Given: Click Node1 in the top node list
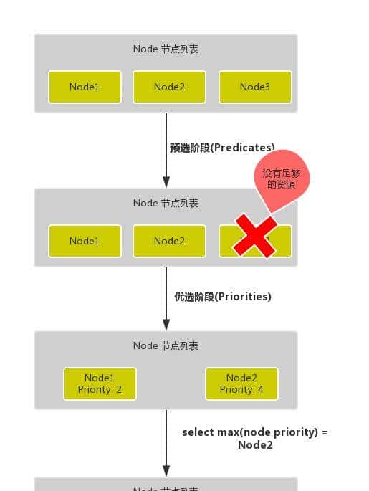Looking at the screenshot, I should point(85,87).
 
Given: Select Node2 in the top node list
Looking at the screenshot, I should point(169,87).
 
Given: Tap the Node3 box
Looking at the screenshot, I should point(255,87).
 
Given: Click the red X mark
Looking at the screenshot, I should point(254,235).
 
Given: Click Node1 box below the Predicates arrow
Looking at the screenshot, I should point(85,241).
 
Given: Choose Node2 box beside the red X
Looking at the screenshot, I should point(169,241).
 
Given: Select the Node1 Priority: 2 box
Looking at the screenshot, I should point(100,383).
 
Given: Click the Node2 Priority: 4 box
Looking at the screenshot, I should point(241,383).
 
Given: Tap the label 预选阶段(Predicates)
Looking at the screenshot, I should point(222,148).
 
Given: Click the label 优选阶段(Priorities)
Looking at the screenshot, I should point(223,296).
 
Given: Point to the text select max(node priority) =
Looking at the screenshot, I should point(255,432).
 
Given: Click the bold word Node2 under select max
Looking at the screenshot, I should point(255,444).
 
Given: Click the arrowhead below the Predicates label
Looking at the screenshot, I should point(166,182).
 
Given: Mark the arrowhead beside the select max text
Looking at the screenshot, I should point(166,470).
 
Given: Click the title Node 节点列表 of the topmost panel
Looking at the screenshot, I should point(166,49).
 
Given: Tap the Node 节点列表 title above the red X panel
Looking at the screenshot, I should point(166,203).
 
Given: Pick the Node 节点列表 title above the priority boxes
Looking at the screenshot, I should point(166,345).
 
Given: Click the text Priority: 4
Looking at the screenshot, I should point(241,389).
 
